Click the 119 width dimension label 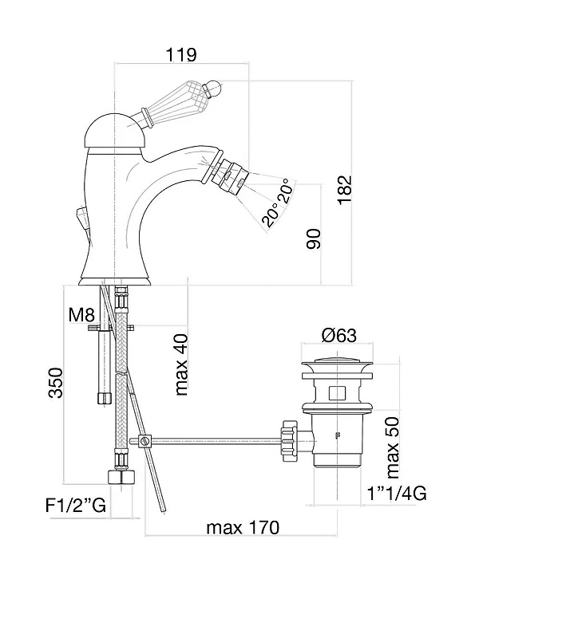pos(181,54)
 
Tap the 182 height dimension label pos(345,190)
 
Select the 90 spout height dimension pos(314,238)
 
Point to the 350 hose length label pos(56,383)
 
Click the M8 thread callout pos(81,314)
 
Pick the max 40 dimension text pos(181,364)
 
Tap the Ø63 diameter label pos(338,335)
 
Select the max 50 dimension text pos(393,447)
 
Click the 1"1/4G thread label pos(397,494)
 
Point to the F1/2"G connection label pos(76,506)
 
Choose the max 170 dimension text pos(243,528)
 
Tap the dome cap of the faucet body pos(116,131)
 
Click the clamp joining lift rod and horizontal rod pos(145,441)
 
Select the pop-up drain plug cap pos(337,361)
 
